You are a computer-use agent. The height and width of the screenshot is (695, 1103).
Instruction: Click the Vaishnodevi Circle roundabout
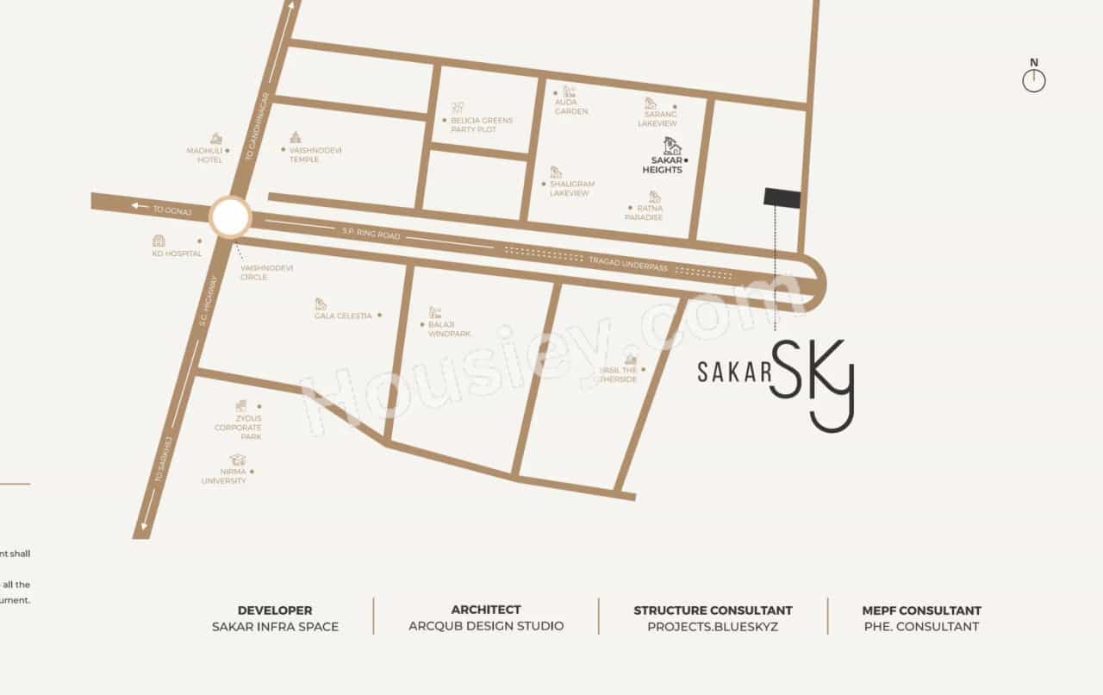(x=230, y=217)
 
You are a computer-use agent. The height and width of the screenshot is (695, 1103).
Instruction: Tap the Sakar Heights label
(x=662, y=165)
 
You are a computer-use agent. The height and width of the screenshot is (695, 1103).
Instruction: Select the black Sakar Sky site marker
(x=782, y=198)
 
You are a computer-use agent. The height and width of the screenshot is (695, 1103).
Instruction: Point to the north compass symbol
(x=1034, y=79)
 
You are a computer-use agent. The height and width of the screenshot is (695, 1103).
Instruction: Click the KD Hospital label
(x=177, y=254)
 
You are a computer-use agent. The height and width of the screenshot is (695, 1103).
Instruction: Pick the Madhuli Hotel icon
(x=216, y=139)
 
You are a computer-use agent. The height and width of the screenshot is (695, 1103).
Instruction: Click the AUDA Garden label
(x=571, y=107)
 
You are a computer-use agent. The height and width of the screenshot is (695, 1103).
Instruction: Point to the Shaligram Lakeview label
(x=572, y=189)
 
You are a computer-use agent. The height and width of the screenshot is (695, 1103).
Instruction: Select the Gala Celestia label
(x=343, y=316)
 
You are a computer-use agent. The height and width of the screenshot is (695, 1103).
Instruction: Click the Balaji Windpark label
(x=449, y=329)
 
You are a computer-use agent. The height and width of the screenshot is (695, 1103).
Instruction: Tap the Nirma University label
(x=223, y=476)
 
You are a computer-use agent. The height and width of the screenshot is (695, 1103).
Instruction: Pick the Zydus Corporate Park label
(x=238, y=428)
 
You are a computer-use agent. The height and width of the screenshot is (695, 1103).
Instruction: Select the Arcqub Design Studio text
(x=486, y=626)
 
